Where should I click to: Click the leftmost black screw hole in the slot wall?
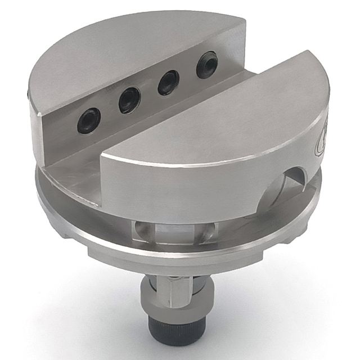coord(89,120)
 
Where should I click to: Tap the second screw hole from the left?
coord(129,101)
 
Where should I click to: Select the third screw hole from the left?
coord(168,83)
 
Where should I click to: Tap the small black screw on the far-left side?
coord(29,96)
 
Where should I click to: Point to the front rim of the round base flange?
coord(169,256)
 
